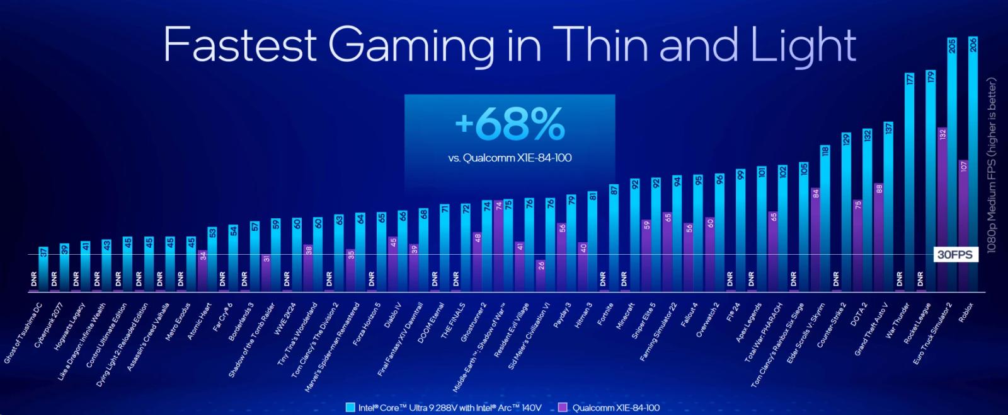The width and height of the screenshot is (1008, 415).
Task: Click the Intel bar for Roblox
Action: (x=973, y=164)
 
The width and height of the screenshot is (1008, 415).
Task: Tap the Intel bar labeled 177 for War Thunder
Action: (x=909, y=183)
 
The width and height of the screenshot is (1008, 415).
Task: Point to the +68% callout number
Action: (x=510, y=126)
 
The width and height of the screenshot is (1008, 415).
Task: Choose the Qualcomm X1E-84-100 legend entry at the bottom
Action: (x=609, y=407)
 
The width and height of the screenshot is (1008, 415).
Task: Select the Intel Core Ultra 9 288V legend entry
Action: (x=444, y=407)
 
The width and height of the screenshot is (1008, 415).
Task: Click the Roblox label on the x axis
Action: (x=966, y=313)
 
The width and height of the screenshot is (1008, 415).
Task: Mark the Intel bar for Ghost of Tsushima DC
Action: (x=43, y=269)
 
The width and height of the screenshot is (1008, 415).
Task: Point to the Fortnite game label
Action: (x=605, y=313)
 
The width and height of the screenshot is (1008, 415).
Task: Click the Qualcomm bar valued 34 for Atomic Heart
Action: (x=203, y=271)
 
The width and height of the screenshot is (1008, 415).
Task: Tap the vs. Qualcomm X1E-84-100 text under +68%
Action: (x=510, y=158)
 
